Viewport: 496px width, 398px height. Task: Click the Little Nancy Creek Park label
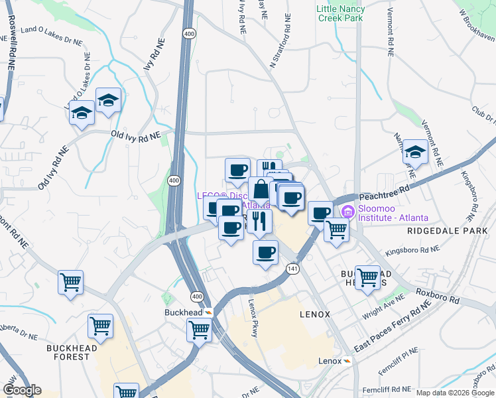340,13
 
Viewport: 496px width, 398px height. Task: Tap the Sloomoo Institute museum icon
348,212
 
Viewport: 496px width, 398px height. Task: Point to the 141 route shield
292,268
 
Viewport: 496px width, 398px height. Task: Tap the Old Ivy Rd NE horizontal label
136,135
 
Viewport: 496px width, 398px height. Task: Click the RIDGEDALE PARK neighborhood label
450,231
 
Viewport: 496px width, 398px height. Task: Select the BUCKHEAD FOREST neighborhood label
72,352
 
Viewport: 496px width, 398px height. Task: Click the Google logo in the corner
21,390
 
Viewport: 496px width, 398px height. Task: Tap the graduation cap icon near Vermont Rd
415,153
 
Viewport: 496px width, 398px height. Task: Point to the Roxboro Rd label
438,296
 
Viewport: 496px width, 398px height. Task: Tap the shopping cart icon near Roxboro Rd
367,277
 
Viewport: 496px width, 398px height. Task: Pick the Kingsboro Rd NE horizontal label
412,250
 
